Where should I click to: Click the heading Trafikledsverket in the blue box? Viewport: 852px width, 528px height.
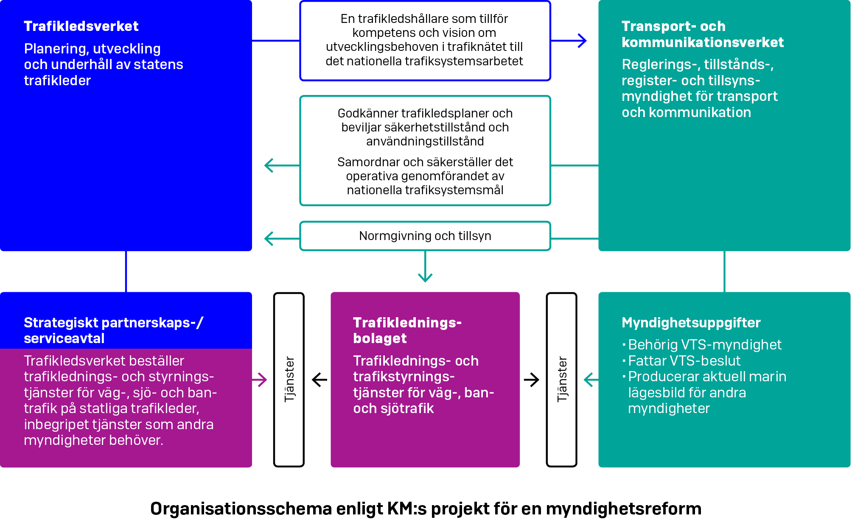coord(81,26)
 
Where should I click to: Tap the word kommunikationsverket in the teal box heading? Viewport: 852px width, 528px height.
coord(702,42)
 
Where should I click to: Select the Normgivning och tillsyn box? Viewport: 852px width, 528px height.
coord(425,236)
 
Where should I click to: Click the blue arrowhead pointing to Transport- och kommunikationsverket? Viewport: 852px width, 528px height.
coord(583,41)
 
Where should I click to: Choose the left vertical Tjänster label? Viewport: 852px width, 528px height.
coord(289,379)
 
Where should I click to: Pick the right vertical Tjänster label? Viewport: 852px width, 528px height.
coord(562,379)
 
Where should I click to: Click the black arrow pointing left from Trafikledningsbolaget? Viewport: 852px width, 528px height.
coord(319,380)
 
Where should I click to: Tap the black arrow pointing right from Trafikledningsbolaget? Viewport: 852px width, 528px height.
coord(532,380)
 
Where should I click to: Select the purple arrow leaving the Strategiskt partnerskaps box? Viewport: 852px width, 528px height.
coord(260,380)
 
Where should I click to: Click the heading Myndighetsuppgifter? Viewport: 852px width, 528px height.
coord(691,323)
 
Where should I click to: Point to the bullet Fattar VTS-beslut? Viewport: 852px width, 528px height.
coord(684,361)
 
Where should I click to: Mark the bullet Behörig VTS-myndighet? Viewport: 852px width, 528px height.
coord(704,345)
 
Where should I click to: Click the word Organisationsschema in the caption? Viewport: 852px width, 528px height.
coord(241,509)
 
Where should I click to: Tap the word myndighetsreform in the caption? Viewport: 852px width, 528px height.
coord(623,509)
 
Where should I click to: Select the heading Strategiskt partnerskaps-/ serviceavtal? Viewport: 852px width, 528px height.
coord(113,330)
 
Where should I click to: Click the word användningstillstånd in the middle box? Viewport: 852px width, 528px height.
coord(425,141)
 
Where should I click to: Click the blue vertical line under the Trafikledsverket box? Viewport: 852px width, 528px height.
coord(126,271)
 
